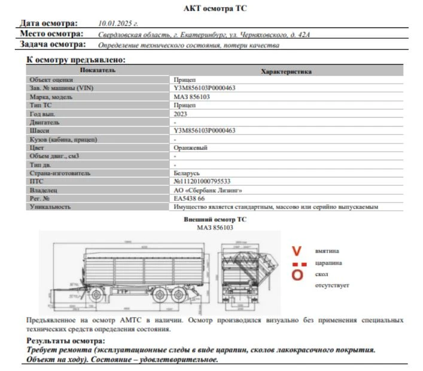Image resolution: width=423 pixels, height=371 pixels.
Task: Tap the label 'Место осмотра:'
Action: click(x=51, y=34)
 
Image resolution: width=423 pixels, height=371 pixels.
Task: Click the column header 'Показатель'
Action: click(x=98, y=70)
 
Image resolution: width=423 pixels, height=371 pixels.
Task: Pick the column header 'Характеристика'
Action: click(x=286, y=71)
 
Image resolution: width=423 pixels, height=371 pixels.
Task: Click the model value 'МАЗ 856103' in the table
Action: click(x=191, y=96)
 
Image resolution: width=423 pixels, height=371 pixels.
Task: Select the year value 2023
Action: click(x=180, y=114)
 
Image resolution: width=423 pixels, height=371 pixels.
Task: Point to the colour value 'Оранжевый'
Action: click(x=190, y=148)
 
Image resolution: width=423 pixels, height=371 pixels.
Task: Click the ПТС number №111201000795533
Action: click(x=202, y=181)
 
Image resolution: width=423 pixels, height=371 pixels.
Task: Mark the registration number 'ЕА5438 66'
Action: click(x=188, y=198)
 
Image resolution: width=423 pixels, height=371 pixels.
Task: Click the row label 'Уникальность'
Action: click(x=50, y=207)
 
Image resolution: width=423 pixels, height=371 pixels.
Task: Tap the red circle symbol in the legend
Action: click(x=297, y=275)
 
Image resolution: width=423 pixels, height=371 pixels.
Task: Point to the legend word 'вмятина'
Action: click(x=327, y=251)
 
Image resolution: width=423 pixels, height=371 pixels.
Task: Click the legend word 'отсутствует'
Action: click(x=332, y=285)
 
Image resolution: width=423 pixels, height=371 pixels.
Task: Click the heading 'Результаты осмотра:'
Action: click(x=65, y=340)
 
